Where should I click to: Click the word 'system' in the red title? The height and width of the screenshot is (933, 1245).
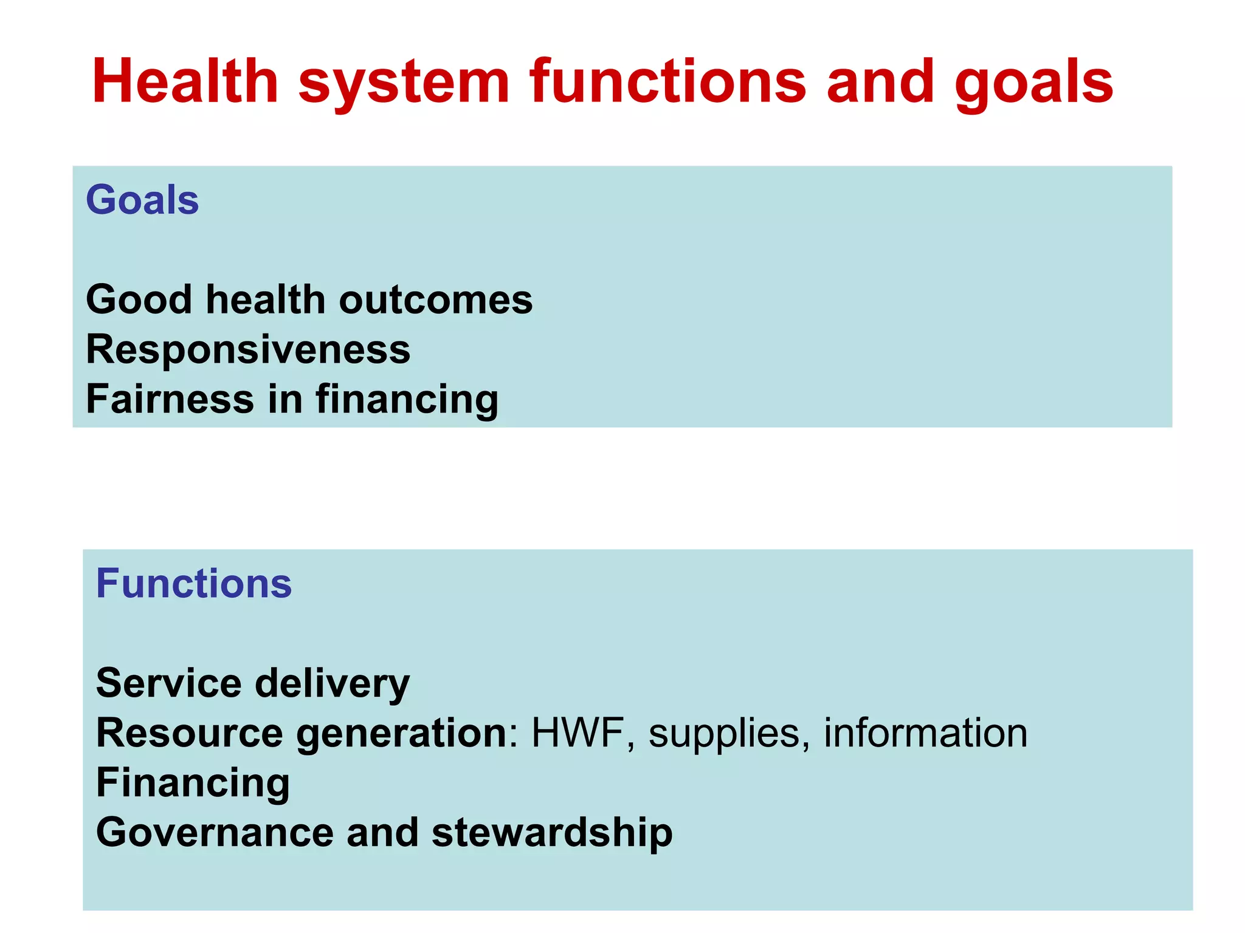click(x=404, y=83)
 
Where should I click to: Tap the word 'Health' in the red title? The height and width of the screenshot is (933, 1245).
click(x=185, y=81)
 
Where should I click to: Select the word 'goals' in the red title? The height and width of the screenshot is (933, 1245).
click(x=1033, y=83)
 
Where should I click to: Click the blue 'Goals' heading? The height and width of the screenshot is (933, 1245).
click(x=142, y=200)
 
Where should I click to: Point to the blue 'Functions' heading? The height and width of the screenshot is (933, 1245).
click(x=194, y=584)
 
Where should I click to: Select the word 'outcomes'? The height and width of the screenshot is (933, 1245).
click(x=435, y=299)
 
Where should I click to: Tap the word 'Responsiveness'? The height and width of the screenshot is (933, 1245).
click(x=248, y=349)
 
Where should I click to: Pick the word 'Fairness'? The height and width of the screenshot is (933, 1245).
click(x=170, y=399)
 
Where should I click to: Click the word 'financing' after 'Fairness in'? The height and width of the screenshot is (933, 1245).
click(x=407, y=400)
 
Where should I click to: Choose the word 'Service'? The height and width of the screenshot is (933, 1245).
click(x=168, y=683)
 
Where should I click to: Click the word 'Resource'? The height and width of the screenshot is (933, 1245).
click(x=189, y=733)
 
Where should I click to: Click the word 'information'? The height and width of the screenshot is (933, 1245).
click(x=925, y=733)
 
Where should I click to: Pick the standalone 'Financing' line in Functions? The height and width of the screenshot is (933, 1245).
click(x=193, y=783)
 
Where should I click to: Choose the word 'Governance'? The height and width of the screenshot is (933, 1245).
click(x=215, y=832)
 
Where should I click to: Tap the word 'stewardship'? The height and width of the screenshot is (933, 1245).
click(x=551, y=833)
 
